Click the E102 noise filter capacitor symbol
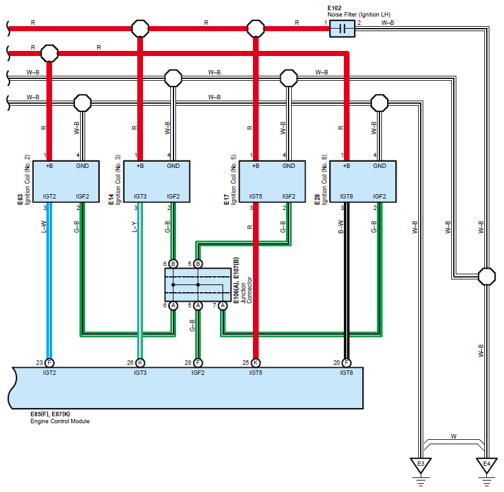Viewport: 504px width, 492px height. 343,29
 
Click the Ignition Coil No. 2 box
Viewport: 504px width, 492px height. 66,181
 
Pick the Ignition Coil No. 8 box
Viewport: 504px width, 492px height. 363,181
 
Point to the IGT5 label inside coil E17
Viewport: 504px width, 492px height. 255,197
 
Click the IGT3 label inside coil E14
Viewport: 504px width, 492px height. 140,197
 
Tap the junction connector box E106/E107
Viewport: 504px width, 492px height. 198,285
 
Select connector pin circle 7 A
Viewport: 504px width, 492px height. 222,306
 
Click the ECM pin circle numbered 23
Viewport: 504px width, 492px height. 49,363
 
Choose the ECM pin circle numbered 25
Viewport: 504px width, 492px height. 255,363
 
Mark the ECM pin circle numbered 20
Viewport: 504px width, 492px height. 346,363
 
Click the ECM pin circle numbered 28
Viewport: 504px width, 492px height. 198,363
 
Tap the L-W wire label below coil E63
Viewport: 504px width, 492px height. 44,227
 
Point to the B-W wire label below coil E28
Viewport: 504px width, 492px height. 341,227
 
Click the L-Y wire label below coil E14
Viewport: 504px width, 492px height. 134,227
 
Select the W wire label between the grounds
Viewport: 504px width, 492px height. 454,437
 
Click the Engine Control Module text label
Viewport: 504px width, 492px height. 60,421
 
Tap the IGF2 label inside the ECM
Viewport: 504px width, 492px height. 198,373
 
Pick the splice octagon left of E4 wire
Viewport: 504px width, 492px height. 487,277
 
